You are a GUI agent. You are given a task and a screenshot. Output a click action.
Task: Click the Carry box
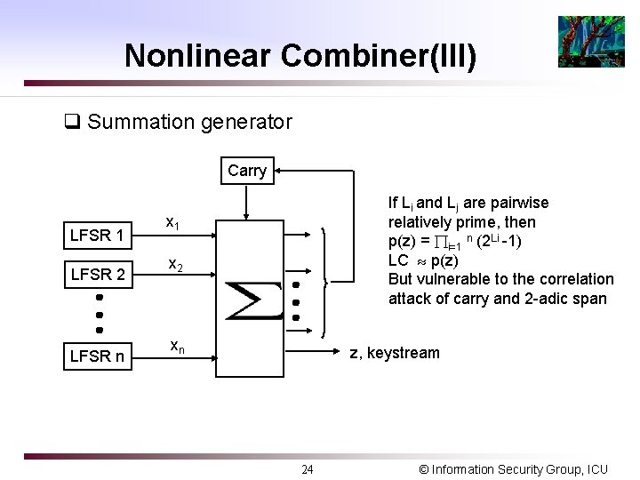point(247,171)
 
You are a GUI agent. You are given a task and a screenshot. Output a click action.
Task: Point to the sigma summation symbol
point(252,300)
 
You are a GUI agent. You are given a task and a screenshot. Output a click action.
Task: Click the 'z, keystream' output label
point(394,353)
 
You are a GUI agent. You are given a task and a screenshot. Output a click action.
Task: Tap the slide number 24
point(307,469)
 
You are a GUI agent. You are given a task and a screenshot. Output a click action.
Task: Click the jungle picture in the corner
point(591,42)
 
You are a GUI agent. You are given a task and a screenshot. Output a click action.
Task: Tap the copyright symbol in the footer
point(423,469)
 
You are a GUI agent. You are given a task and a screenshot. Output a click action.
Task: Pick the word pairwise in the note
point(519,203)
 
